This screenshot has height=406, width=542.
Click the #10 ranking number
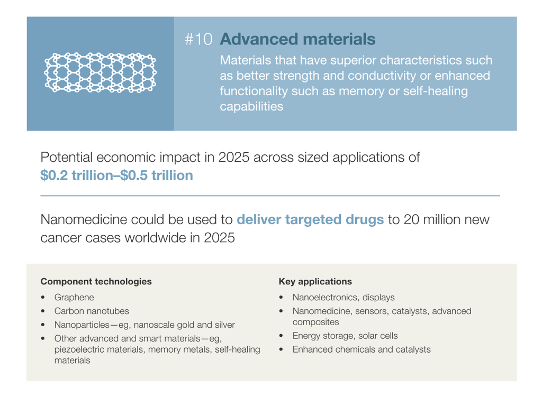point(198,39)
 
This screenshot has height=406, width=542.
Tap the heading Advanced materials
point(297,39)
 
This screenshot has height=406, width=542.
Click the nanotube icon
point(100,72)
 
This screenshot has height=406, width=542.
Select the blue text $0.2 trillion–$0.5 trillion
point(116,176)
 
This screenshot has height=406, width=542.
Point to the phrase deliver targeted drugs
point(310,219)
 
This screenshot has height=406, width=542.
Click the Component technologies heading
point(96,281)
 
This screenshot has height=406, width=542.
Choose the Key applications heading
point(315,281)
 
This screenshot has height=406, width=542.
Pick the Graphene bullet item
point(74,297)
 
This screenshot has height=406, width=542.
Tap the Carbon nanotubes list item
point(92,311)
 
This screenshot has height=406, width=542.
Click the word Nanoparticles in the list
point(82,325)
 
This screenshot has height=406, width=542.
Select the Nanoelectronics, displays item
point(344,297)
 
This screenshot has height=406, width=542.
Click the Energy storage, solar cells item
point(345,336)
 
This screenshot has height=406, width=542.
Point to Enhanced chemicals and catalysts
point(362,349)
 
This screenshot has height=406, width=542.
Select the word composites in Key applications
point(315,322)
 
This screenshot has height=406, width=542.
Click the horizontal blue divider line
point(270,196)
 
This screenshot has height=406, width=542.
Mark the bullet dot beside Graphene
point(42,297)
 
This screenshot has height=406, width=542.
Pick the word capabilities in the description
point(251,106)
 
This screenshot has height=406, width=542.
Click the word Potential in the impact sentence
point(66,158)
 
